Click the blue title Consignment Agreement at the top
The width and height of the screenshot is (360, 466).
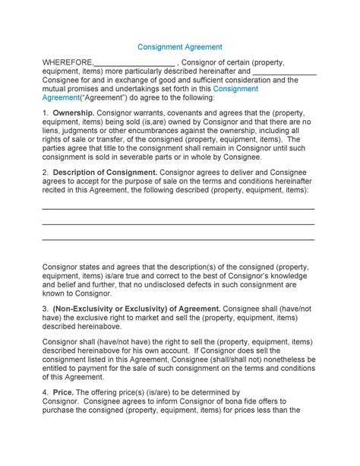(179, 46)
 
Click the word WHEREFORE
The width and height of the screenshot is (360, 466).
(68, 62)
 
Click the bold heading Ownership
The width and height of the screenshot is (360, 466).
(74, 113)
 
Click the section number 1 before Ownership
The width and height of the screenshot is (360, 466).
(45, 113)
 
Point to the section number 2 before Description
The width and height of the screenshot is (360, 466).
(45, 173)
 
